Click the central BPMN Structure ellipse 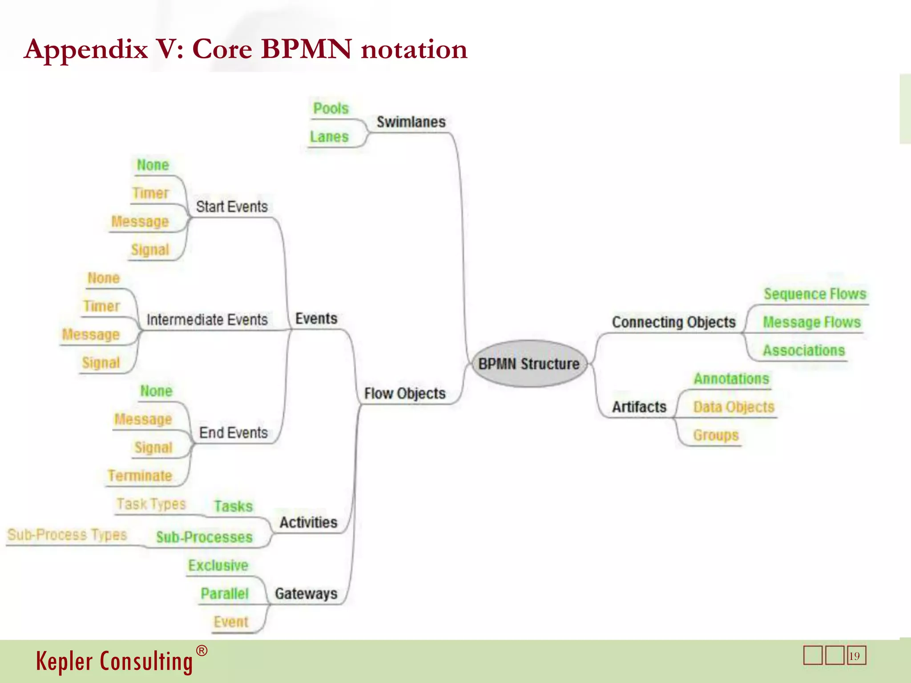529,364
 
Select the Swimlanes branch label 411,122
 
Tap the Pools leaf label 331,108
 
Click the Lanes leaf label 329,137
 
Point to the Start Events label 232,207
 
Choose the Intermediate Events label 207,320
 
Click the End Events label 233,433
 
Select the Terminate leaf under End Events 140,476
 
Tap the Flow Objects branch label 404,394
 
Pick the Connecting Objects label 673,322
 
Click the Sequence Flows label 815,294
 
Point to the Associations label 804,350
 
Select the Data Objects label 734,407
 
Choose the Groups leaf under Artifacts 716,435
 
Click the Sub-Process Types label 67,534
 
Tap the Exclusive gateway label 218,566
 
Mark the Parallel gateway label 224,594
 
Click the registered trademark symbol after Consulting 202,651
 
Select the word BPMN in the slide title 306,49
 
